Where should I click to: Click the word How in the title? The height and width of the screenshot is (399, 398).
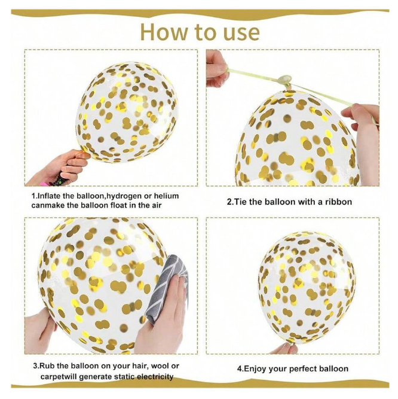(164, 32)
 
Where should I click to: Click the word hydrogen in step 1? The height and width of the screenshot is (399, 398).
(124, 196)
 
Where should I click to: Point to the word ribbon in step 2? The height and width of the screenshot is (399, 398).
(338, 202)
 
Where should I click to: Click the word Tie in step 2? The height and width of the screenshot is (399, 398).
(240, 202)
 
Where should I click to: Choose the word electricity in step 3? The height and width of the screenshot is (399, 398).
(155, 376)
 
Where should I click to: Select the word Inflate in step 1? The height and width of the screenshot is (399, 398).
(49, 196)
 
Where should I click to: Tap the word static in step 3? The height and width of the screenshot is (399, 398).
(124, 376)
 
